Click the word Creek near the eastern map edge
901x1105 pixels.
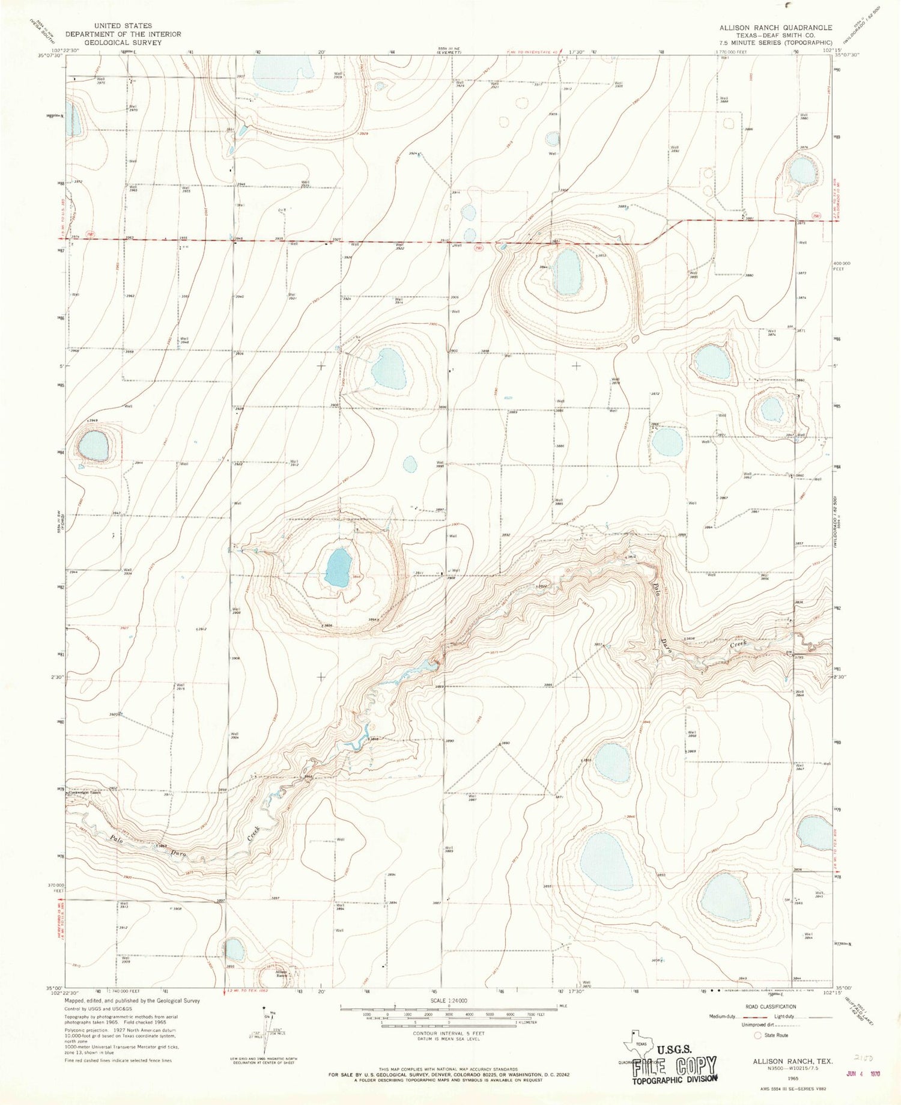pyautogui.click(x=738, y=644)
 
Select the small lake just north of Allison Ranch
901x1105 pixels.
pyautogui.click(x=234, y=949)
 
